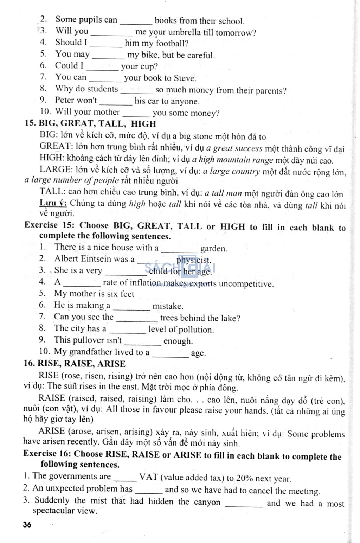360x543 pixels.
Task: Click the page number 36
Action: click(x=27, y=525)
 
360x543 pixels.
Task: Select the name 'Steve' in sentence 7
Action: click(x=185, y=78)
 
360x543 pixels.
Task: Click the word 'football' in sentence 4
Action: click(x=171, y=44)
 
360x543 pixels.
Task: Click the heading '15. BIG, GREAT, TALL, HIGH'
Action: click(x=90, y=124)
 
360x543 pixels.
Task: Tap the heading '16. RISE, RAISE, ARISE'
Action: click(x=75, y=364)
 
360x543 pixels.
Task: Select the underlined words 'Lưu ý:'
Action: click(x=53, y=203)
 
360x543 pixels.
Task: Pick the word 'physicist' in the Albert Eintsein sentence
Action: click(x=193, y=260)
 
